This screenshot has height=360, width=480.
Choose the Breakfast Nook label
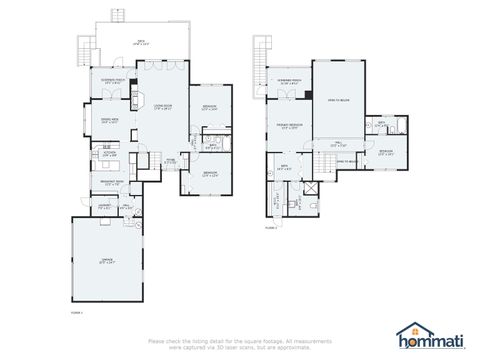coord(112,183)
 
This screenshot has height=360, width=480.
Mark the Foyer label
coord(170,160)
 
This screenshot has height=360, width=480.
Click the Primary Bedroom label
coord(290,125)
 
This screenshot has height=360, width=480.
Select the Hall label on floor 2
coord(338,143)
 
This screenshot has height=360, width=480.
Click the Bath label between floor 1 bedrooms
coord(211,145)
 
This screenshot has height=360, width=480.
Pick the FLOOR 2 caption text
coord(271,228)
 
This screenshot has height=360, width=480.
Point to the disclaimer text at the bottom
coord(240,344)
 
